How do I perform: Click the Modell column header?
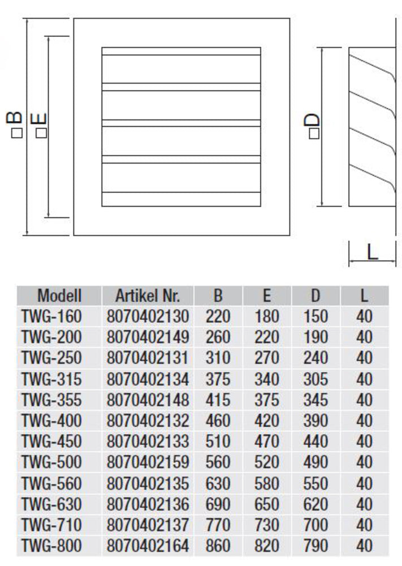[59, 295]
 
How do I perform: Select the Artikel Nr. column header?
[147, 295]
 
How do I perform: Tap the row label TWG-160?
[51, 316]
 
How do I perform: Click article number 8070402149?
[147, 337]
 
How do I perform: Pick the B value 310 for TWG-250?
[218, 358]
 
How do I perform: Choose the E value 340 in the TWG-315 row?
[267, 379]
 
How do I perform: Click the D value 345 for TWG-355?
[315, 400]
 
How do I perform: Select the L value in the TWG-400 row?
[365, 421]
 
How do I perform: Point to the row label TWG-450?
[51, 441]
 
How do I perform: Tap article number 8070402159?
[147, 462]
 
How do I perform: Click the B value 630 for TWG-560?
[218, 483]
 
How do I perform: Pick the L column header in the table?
[365, 295]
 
